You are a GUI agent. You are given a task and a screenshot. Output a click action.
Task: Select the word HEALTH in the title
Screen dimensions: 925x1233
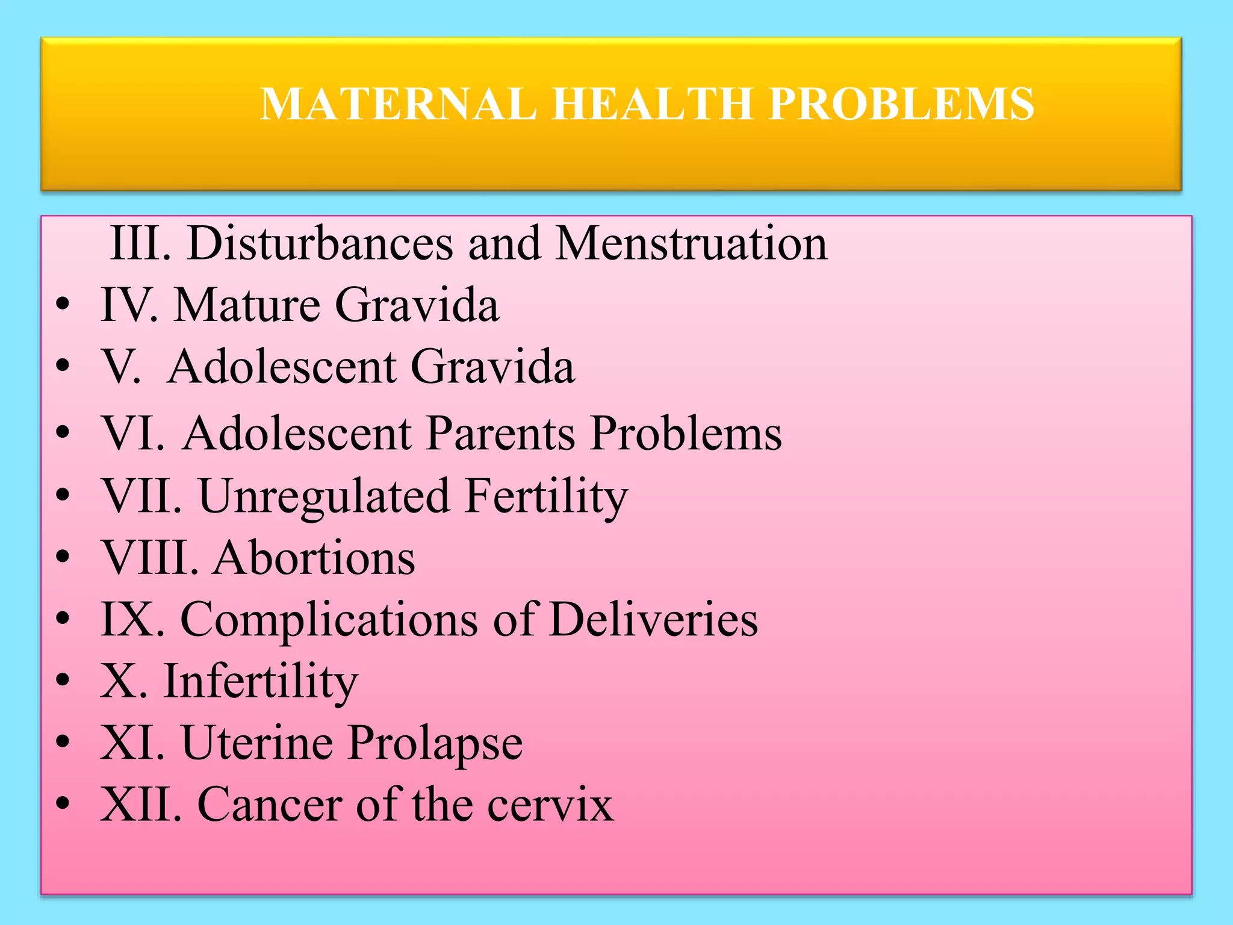tap(653, 104)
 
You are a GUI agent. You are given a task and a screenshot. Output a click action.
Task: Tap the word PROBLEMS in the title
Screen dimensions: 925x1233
tap(901, 104)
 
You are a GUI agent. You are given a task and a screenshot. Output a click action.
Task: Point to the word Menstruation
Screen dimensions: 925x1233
tap(691, 243)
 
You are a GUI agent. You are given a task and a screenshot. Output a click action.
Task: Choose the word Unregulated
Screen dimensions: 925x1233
tap(324, 497)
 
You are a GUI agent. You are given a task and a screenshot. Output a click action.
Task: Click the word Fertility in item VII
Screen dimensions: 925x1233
tap(546, 497)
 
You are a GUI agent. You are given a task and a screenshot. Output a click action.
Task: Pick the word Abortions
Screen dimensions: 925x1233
tap(314, 558)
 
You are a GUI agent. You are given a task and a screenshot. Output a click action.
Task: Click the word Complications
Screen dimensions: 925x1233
tap(329, 620)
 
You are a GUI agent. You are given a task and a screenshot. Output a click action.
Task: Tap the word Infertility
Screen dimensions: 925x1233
tap(261, 682)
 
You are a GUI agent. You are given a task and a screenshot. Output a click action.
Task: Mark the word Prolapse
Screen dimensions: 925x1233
tap(435, 744)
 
